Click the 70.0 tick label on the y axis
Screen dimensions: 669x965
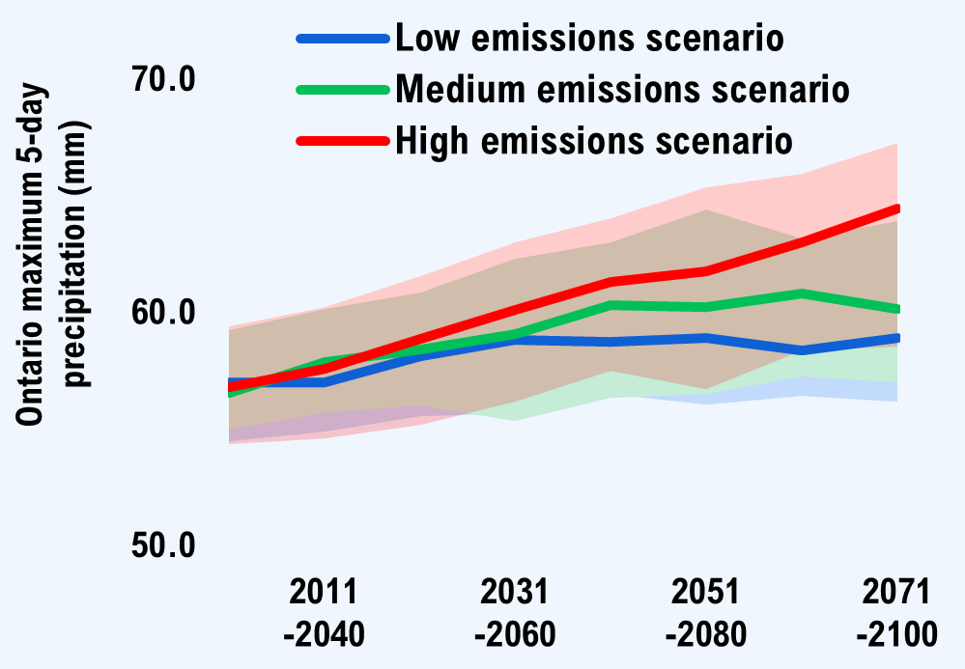(x=163, y=80)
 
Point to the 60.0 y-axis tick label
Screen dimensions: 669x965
(x=163, y=313)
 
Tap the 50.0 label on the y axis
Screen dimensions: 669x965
(x=163, y=545)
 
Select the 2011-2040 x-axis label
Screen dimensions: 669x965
(x=324, y=612)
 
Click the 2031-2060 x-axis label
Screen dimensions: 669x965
(x=515, y=612)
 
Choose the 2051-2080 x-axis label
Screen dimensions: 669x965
(x=705, y=612)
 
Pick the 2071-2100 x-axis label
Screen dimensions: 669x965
(x=895, y=612)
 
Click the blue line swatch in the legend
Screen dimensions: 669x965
(x=343, y=40)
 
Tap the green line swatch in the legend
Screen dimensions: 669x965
(x=343, y=90)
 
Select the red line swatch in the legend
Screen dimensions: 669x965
(x=343, y=140)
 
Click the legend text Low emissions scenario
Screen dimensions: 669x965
(x=589, y=40)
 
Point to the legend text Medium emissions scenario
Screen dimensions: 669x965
(x=623, y=90)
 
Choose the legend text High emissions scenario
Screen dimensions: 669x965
(x=595, y=140)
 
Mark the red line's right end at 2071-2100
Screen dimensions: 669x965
(x=896, y=209)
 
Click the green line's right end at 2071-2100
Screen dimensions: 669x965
(x=896, y=309)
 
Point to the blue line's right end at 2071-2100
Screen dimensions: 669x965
(x=896, y=338)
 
